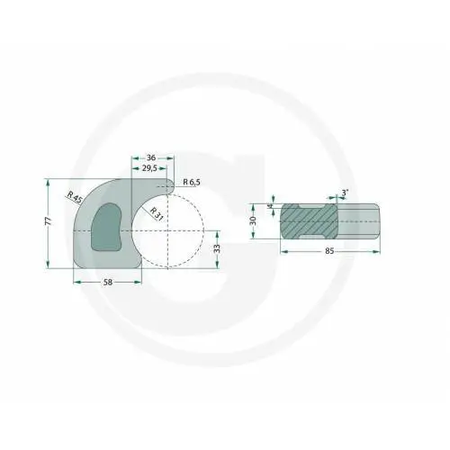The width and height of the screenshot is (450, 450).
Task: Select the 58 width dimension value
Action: click(x=107, y=283)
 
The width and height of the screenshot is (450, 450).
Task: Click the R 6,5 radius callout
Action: click(x=191, y=183)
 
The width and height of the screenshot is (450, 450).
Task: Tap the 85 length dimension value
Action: click(x=330, y=253)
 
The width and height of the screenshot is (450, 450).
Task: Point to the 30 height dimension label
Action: click(x=255, y=220)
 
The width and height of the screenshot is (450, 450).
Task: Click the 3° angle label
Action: click(x=346, y=192)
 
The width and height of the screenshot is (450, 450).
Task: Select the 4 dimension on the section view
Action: click(x=269, y=205)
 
